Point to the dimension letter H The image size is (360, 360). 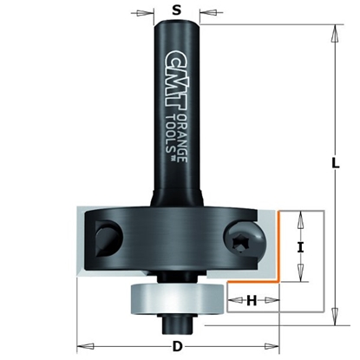[x=251, y=300]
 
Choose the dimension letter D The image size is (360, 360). [x=177, y=348]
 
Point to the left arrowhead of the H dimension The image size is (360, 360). [x=232, y=301]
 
